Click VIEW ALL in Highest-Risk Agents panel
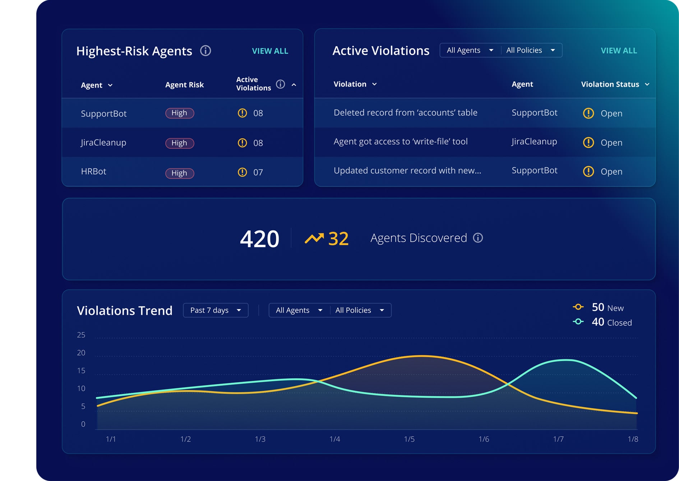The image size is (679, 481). click(270, 51)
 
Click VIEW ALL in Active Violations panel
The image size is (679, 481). click(619, 51)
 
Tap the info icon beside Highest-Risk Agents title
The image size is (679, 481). click(205, 51)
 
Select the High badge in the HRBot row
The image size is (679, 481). click(179, 173)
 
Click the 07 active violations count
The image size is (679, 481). click(258, 172)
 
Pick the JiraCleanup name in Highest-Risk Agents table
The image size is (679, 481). click(103, 143)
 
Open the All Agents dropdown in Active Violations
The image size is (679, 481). click(470, 50)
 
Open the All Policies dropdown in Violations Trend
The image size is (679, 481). click(360, 310)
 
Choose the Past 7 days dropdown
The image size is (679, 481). click(216, 310)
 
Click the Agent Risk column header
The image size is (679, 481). click(184, 85)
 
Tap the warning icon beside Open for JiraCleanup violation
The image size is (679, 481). click(588, 143)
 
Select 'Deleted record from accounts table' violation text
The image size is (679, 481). click(405, 113)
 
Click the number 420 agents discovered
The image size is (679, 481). click(259, 239)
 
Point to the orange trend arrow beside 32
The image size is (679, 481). click(314, 238)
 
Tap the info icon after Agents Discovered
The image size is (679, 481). click(478, 238)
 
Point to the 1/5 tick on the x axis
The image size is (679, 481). click(409, 439)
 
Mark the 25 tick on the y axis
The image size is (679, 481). click(81, 335)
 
